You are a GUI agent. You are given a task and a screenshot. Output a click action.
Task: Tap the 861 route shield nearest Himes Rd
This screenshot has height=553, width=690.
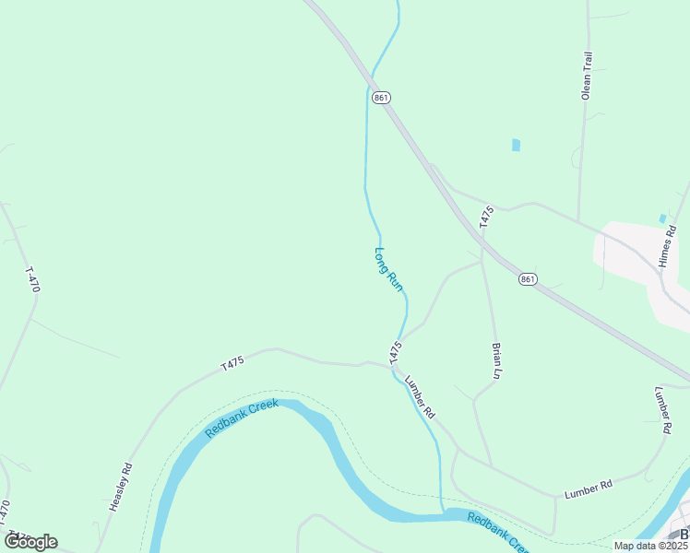[527, 279]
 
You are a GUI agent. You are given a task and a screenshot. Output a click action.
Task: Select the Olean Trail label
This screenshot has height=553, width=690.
[586, 75]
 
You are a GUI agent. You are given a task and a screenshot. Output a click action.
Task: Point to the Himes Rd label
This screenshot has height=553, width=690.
[669, 247]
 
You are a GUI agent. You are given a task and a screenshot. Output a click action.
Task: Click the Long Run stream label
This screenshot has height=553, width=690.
[389, 269]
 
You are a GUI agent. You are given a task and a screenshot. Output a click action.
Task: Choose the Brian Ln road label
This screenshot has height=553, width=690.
[497, 361]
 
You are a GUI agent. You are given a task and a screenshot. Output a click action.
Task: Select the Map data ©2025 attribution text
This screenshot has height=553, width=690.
[649, 546]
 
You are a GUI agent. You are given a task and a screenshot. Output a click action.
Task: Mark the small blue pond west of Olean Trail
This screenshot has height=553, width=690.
[516, 145]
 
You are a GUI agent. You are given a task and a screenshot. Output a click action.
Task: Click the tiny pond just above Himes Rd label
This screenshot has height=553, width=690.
[662, 218]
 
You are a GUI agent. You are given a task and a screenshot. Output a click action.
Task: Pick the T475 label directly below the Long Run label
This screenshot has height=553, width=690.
[395, 351]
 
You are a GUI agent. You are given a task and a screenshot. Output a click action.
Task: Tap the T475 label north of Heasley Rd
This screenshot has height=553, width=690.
[232, 363]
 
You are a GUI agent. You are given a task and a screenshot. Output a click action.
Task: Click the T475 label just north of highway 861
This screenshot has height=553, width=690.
[487, 218]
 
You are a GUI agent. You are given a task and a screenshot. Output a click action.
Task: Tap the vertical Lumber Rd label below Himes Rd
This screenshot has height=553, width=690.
[662, 409]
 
